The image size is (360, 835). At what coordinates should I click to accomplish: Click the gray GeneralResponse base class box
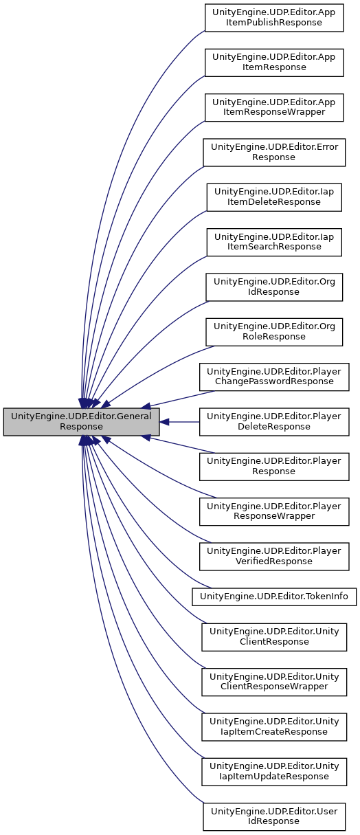[x=81, y=421]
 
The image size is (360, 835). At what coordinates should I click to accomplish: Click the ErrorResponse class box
[x=273, y=152]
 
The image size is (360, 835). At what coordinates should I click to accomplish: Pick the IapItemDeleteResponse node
[x=273, y=197]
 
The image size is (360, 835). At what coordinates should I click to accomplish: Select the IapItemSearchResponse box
[x=273, y=242]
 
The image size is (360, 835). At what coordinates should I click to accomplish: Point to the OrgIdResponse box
[x=273, y=287]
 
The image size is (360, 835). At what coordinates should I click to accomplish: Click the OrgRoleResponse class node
[x=273, y=331]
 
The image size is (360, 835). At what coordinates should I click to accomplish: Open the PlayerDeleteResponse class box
[x=273, y=421]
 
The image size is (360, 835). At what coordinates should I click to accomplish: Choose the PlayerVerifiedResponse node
[x=273, y=556]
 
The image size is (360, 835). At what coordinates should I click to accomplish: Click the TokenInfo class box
[x=273, y=596]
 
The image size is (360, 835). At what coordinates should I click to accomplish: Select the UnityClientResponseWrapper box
[x=273, y=680]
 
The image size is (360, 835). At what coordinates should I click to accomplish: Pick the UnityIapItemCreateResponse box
[x=273, y=726]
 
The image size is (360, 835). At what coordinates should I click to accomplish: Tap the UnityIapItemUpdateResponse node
[x=273, y=770]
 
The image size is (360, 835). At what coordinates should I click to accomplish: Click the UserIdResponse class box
[x=273, y=815]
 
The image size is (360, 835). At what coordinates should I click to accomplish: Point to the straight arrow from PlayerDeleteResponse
[x=180, y=421]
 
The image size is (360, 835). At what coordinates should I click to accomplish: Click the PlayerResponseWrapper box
[x=273, y=511]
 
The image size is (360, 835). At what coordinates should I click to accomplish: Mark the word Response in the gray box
[x=81, y=427]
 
